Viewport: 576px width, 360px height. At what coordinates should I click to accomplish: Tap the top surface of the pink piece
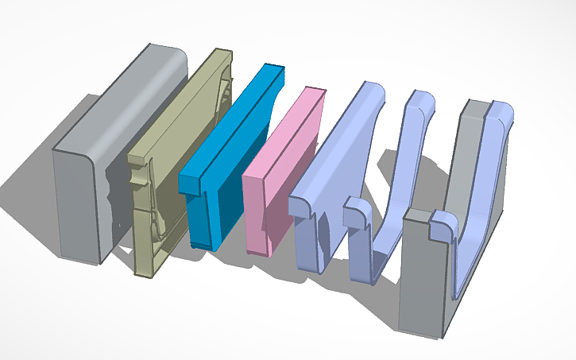[286, 127]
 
